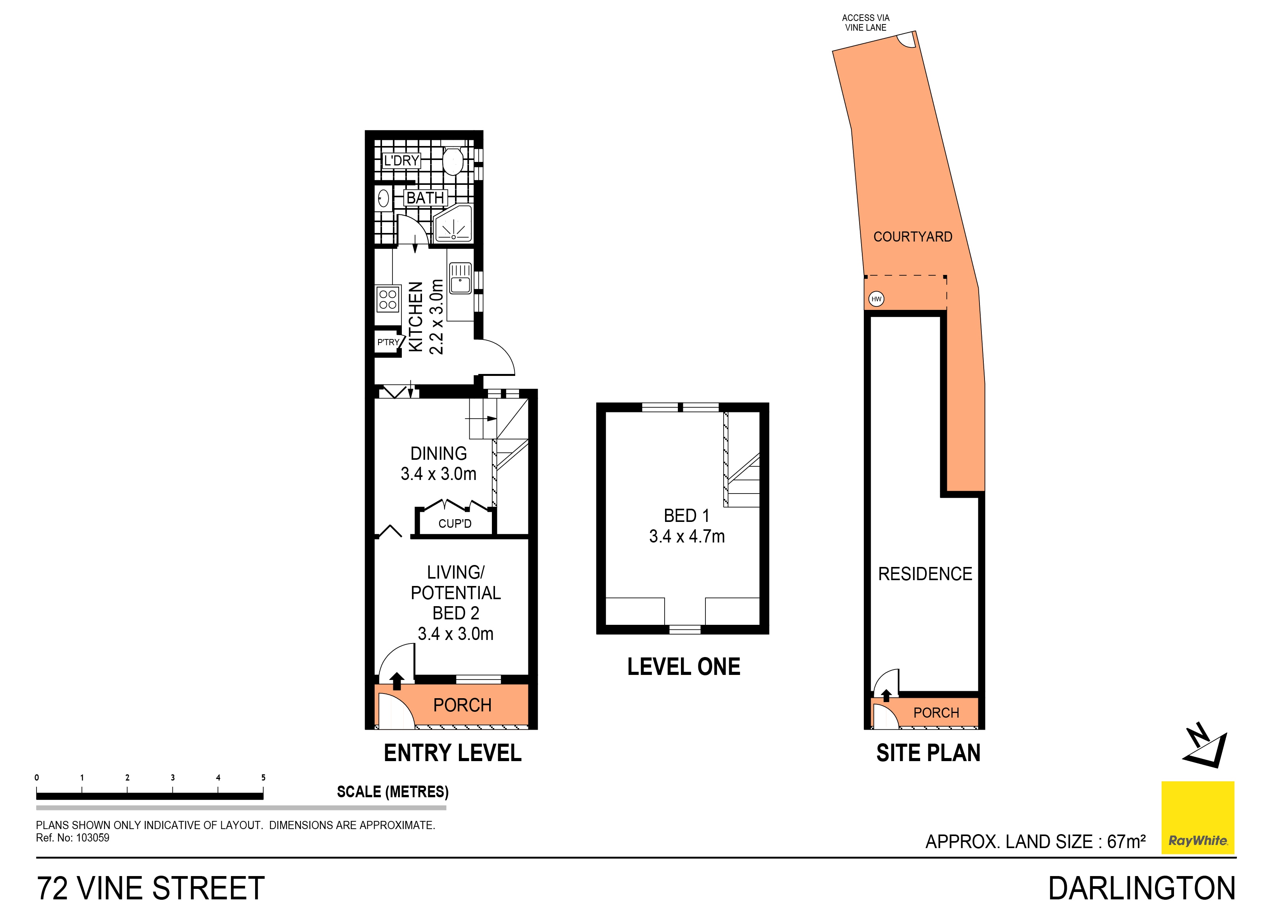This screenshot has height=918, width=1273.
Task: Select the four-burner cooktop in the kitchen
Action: [387, 299]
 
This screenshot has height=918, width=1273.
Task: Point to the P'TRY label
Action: [388, 342]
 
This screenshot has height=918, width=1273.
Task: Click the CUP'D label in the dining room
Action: [455, 523]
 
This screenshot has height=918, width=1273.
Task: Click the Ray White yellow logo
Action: [1197, 817]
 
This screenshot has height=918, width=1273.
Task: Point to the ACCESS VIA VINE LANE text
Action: [865, 23]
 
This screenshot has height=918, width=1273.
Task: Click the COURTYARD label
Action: [913, 236]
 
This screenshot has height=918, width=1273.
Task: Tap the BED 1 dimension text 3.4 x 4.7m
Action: [686, 536]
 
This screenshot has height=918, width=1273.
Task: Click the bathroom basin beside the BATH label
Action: [383, 198]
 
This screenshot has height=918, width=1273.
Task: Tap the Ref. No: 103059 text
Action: [73, 838]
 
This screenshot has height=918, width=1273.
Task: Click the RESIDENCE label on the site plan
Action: [924, 574]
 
